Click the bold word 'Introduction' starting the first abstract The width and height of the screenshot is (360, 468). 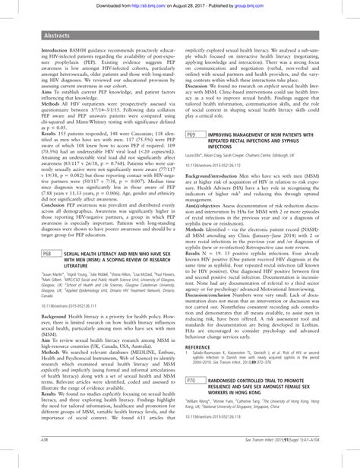pyautogui.click(x=44, y=44)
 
